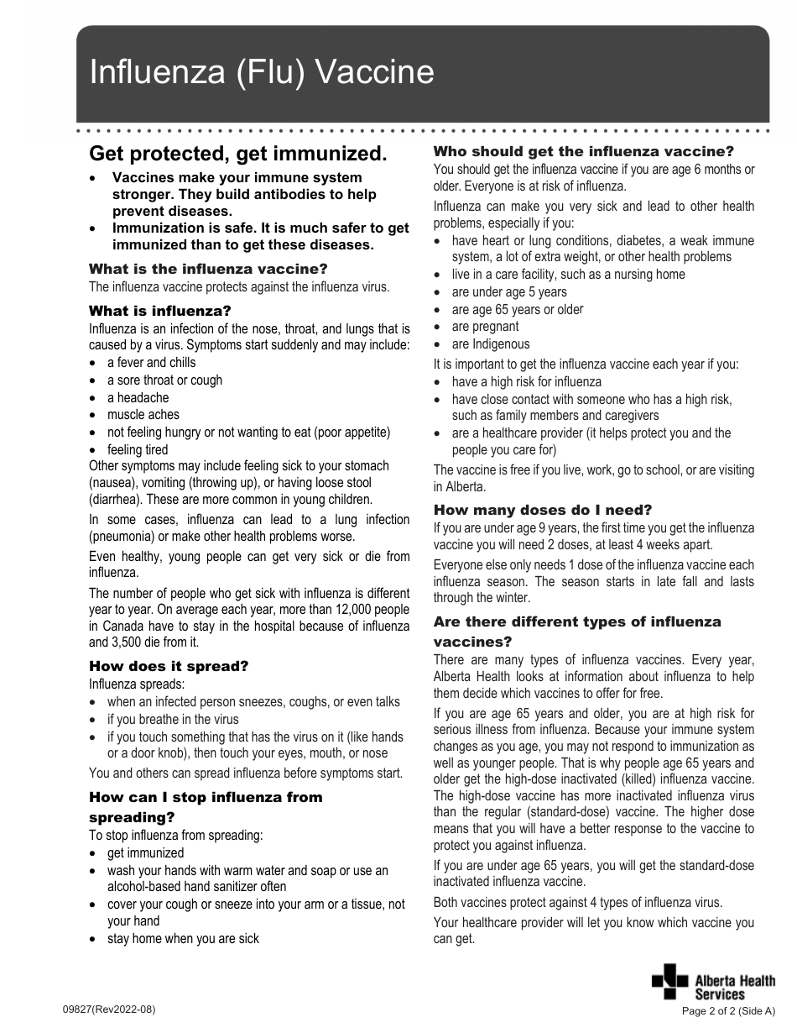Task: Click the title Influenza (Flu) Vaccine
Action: pyautogui.click(x=262, y=73)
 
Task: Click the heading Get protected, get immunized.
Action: pyautogui.click(x=238, y=154)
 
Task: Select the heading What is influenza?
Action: pyautogui.click(x=159, y=311)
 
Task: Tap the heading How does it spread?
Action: pyautogui.click(x=169, y=666)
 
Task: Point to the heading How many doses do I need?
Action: pyautogui.click(x=542, y=510)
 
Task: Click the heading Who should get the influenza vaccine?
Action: pyautogui.click(x=583, y=151)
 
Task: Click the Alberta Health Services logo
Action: pyautogui.click(x=713, y=982)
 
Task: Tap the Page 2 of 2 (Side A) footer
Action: pyautogui.click(x=729, y=1011)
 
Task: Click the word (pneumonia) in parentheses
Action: pyautogui.click(x=123, y=537)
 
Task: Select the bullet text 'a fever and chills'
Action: pyautogui.click(x=151, y=363)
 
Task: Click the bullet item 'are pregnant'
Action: pyautogui.click(x=485, y=327)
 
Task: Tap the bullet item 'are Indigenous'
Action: pyautogui.click(x=491, y=344)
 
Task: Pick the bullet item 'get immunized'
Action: pyautogui.click(x=145, y=852)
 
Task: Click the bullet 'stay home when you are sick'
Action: pyautogui.click(x=183, y=939)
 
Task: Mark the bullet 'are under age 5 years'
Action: pyautogui.click(x=509, y=292)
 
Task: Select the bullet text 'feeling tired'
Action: pyautogui.click(x=138, y=450)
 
